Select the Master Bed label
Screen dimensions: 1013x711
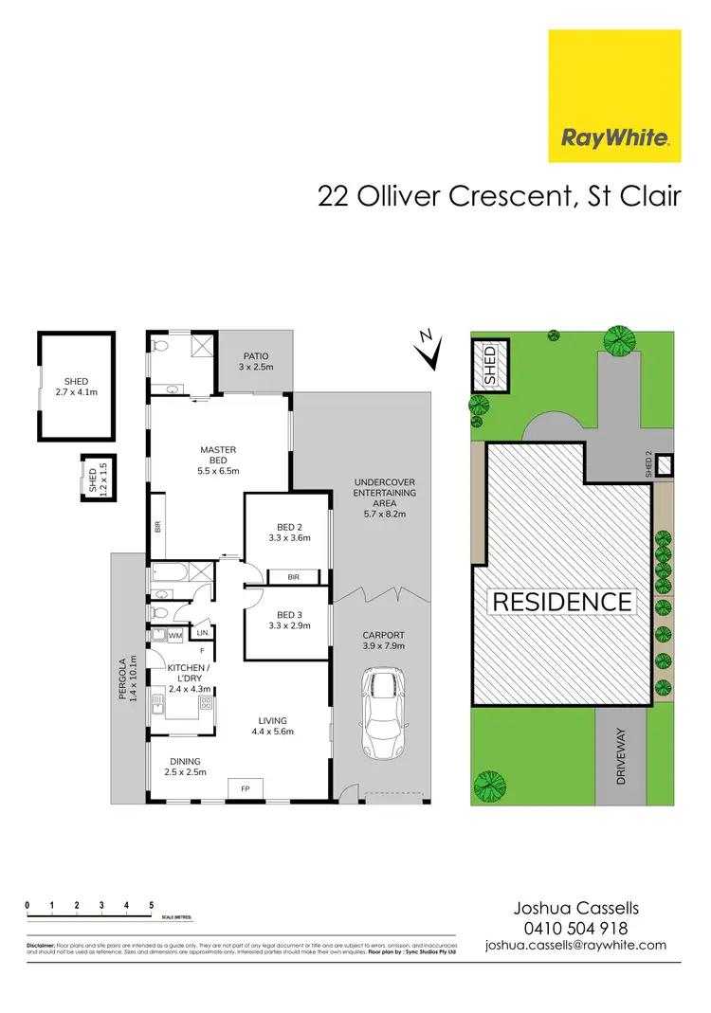click(x=218, y=460)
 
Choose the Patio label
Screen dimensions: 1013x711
click(x=254, y=361)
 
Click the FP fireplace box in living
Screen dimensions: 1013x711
click(x=245, y=788)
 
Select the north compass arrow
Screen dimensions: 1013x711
click(x=430, y=349)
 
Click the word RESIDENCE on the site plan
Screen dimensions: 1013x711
click(x=561, y=602)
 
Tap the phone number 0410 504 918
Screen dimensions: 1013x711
click(x=575, y=929)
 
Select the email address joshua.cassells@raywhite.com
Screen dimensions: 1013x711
click(x=575, y=946)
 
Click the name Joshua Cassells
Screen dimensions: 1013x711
click(x=575, y=909)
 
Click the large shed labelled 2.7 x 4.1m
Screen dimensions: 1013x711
click(x=75, y=387)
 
